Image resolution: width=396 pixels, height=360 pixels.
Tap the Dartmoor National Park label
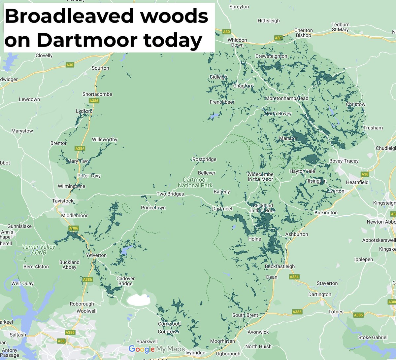pyautogui.click(x=195, y=183)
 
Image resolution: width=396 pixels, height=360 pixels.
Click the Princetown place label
pyautogui.click(x=153, y=208)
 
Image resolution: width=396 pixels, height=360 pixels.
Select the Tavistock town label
pyautogui.click(x=63, y=201)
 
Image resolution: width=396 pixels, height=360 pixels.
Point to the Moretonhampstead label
pyautogui.click(x=286, y=98)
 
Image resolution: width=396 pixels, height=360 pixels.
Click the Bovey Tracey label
pyautogui.click(x=344, y=161)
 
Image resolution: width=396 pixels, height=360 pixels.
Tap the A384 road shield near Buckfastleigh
pyautogui.click(x=294, y=277)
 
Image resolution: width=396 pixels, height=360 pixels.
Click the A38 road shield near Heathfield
pyautogui.click(x=365, y=174)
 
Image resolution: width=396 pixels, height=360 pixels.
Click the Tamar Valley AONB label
pyautogui.click(x=39, y=249)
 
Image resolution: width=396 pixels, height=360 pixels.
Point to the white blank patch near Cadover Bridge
pyautogui.click(x=139, y=300)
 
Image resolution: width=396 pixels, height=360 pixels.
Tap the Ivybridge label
pyautogui.click(x=195, y=353)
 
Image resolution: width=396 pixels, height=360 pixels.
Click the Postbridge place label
pyautogui.click(x=204, y=159)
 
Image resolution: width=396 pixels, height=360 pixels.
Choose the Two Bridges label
pyautogui.click(x=170, y=194)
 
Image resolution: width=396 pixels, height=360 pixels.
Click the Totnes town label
pyautogui.click(x=336, y=311)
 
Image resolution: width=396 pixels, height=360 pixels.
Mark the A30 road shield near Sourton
pyautogui.click(x=70, y=65)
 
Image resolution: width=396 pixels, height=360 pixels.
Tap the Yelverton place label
pyautogui.click(x=96, y=255)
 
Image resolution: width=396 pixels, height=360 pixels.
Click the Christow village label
pyautogui.click(x=355, y=104)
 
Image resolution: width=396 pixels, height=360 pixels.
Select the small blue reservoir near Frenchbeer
pyautogui.click(x=214, y=116)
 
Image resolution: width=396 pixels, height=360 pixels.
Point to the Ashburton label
pyautogui.click(x=296, y=234)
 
